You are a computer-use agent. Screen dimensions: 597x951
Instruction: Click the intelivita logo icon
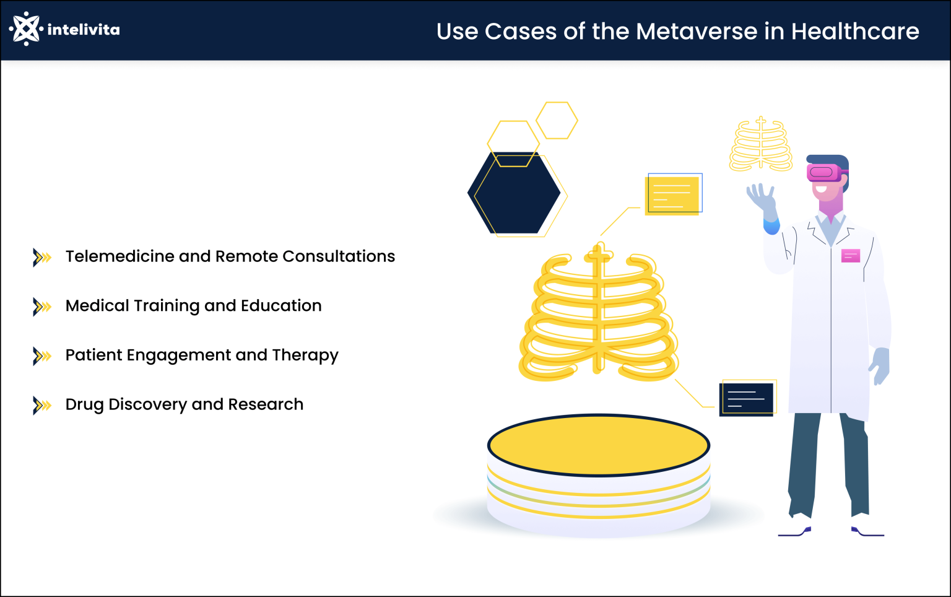25,28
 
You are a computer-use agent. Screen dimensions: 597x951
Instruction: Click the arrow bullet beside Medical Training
41,307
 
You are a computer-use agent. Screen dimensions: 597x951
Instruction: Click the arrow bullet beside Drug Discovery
41,405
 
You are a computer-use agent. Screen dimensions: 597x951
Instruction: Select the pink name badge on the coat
851,255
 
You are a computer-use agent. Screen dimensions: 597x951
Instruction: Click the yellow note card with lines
672,195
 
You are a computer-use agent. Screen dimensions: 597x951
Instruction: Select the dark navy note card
746,399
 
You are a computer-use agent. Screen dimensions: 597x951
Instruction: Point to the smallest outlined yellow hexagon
557,120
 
